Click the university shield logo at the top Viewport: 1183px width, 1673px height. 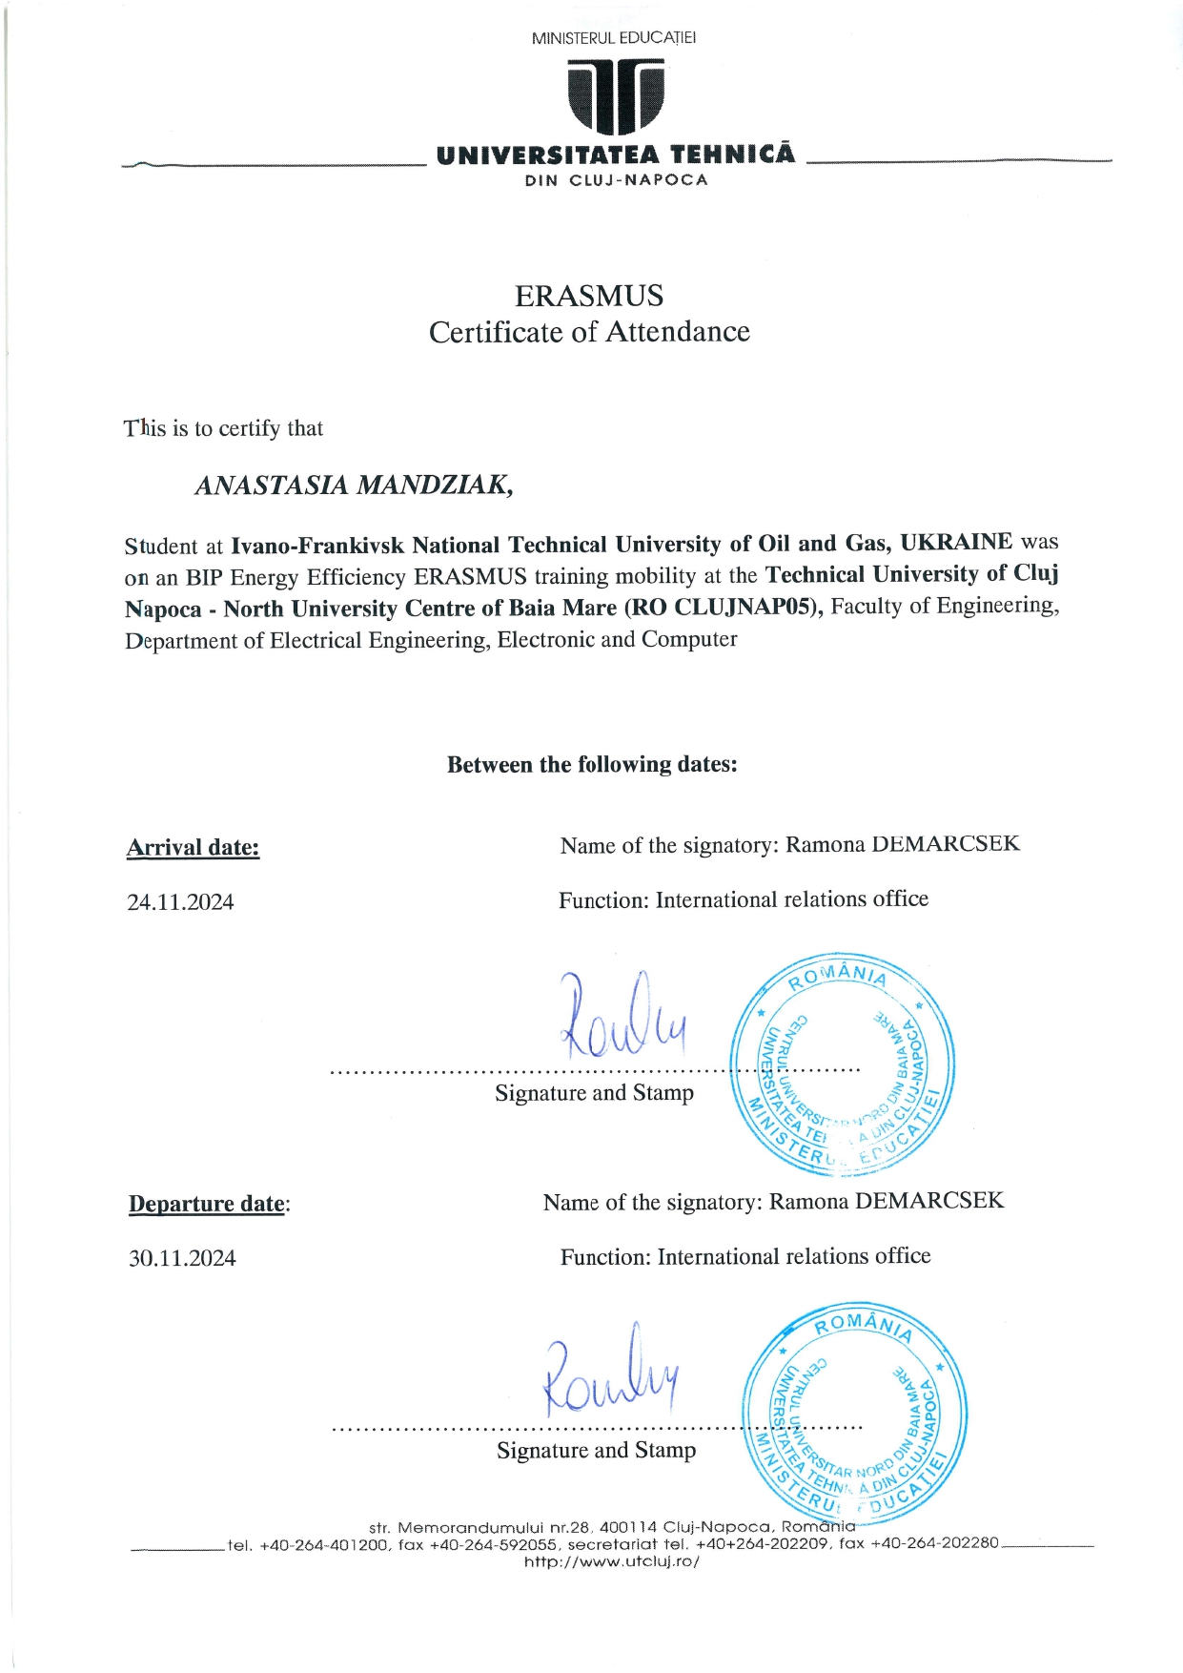[615, 95]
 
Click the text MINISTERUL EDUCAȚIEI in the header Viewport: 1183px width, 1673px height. [614, 38]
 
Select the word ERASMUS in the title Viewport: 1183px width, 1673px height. [589, 296]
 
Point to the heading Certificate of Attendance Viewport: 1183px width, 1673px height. [589, 332]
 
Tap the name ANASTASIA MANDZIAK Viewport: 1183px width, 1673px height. [354, 485]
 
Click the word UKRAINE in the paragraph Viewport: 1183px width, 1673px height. [956, 543]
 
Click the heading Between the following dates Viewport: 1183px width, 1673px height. [592, 765]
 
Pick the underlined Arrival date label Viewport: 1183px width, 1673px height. [194, 848]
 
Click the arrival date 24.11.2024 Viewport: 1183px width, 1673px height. [180, 902]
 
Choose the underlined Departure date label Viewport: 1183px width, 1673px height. [208, 1204]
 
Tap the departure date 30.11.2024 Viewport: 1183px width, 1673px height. [182, 1259]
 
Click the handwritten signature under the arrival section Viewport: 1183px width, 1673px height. [622, 1020]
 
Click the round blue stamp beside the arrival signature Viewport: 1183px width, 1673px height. [843, 1064]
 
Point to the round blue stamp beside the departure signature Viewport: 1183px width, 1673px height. [855, 1413]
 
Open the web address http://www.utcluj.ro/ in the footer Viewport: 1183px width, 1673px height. [612, 1561]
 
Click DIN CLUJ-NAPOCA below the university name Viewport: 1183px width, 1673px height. [616, 180]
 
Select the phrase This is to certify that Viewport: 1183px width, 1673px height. [224, 428]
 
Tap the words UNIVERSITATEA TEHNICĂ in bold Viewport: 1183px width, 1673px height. [615, 155]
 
